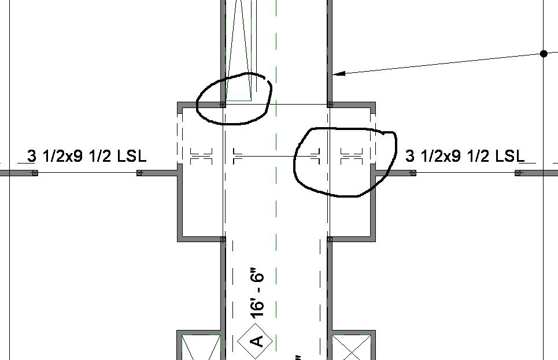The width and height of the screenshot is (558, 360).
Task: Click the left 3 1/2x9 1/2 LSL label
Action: tap(87, 156)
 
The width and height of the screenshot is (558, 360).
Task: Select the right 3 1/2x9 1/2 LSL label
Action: tap(465, 156)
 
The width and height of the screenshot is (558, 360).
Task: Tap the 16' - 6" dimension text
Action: tap(257, 295)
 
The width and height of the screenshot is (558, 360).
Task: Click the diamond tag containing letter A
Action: tap(255, 341)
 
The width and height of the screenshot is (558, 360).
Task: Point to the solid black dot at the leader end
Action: tap(544, 54)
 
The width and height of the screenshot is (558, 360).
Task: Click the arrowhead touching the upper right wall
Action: tap(340, 73)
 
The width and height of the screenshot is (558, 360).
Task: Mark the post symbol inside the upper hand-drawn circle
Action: tap(223, 104)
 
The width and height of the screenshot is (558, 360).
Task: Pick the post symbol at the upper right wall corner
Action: tap(330, 104)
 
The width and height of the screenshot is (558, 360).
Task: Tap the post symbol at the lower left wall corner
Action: tap(223, 239)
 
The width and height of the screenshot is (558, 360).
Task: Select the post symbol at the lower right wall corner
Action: tap(330, 239)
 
